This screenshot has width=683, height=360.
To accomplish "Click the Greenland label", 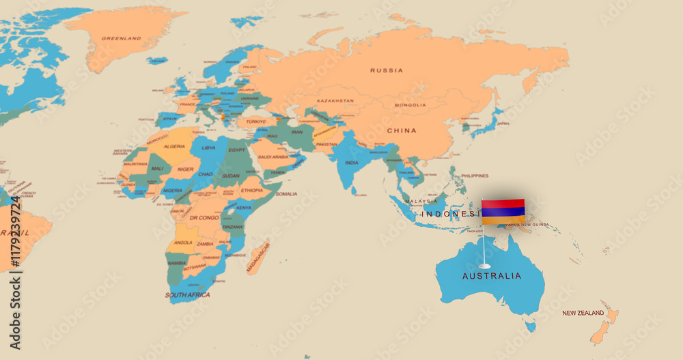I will click(x=122, y=38).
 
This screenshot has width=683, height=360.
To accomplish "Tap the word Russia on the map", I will click(x=387, y=70).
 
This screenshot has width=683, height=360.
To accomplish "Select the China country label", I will click(x=402, y=130).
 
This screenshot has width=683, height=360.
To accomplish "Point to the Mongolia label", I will click(x=410, y=105).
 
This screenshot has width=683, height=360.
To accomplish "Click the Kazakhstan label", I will click(x=336, y=100).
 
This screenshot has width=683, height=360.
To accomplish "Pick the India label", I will click(x=352, y=163).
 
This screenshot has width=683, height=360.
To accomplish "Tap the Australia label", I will click(x=492, y=276).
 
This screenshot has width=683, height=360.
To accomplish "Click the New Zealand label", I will click(x=583, y=313).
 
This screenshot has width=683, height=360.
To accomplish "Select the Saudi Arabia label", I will click(x=273, y=156).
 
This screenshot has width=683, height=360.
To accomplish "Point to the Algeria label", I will click(x=175, y=146).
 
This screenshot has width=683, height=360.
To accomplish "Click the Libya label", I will click(x=208, y=148).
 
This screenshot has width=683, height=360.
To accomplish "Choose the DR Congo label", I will click(x=204, y=218).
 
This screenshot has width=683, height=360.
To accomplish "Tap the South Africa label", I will click(x=186, y=295).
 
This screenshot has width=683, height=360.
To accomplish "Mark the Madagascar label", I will click(x=259, y=257).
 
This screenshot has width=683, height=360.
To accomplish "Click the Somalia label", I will click(x=286, y=194).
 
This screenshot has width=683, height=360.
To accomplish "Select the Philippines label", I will click(x=475, y=176).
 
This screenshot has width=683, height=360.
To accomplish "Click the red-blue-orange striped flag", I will click(x=503, y=211).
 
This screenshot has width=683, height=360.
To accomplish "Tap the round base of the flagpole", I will click(x=484, y=265).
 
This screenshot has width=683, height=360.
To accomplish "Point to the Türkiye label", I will click(x=257, y=122).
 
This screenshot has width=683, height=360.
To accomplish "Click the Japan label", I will click(x=503, y=124).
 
